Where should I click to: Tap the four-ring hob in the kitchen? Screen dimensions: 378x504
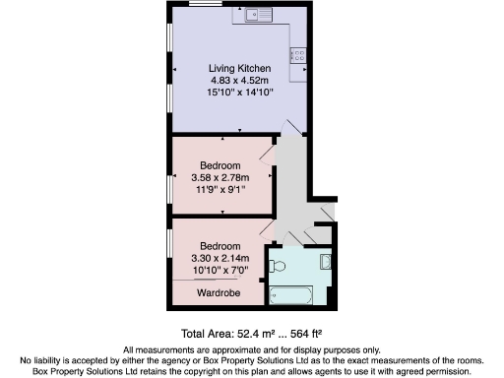click(x=299, y=55)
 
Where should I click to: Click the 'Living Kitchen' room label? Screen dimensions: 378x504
click(x=240, y=67)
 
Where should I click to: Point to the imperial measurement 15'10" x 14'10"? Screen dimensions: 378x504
click(x=240, y=92)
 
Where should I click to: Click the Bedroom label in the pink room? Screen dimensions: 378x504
click(x=220, y=164)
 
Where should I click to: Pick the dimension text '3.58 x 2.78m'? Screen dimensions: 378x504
click(x=220, y=176)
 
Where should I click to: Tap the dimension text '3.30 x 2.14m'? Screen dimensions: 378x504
click(x=220, y=258)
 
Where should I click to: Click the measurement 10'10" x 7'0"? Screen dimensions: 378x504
click(x=220, y=270)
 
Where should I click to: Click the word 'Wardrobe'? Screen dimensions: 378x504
click(x=220, y=293)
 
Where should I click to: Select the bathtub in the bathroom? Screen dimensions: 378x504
click(x=290, y=294)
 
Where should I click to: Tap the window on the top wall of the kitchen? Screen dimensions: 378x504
click(x=204, y=4)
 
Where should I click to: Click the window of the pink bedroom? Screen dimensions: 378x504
click(x=168, y=186)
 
